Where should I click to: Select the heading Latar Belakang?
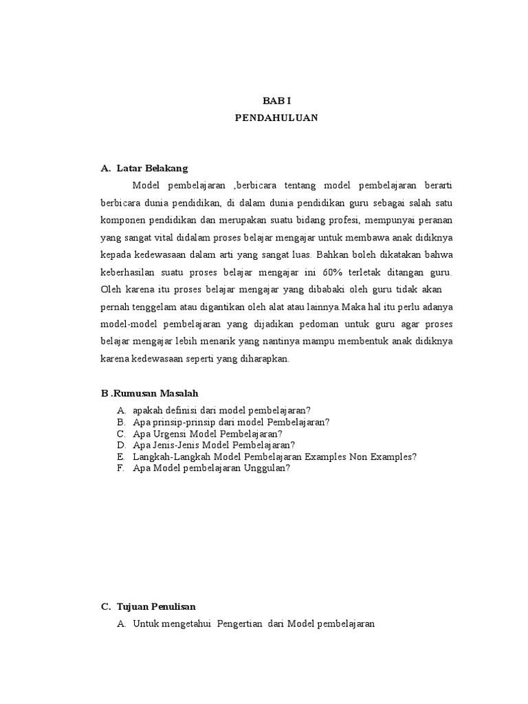[x=152, y=168]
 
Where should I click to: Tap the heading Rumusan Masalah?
[x=155, y=393]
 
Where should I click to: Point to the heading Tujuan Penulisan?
[x=157, y=606]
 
